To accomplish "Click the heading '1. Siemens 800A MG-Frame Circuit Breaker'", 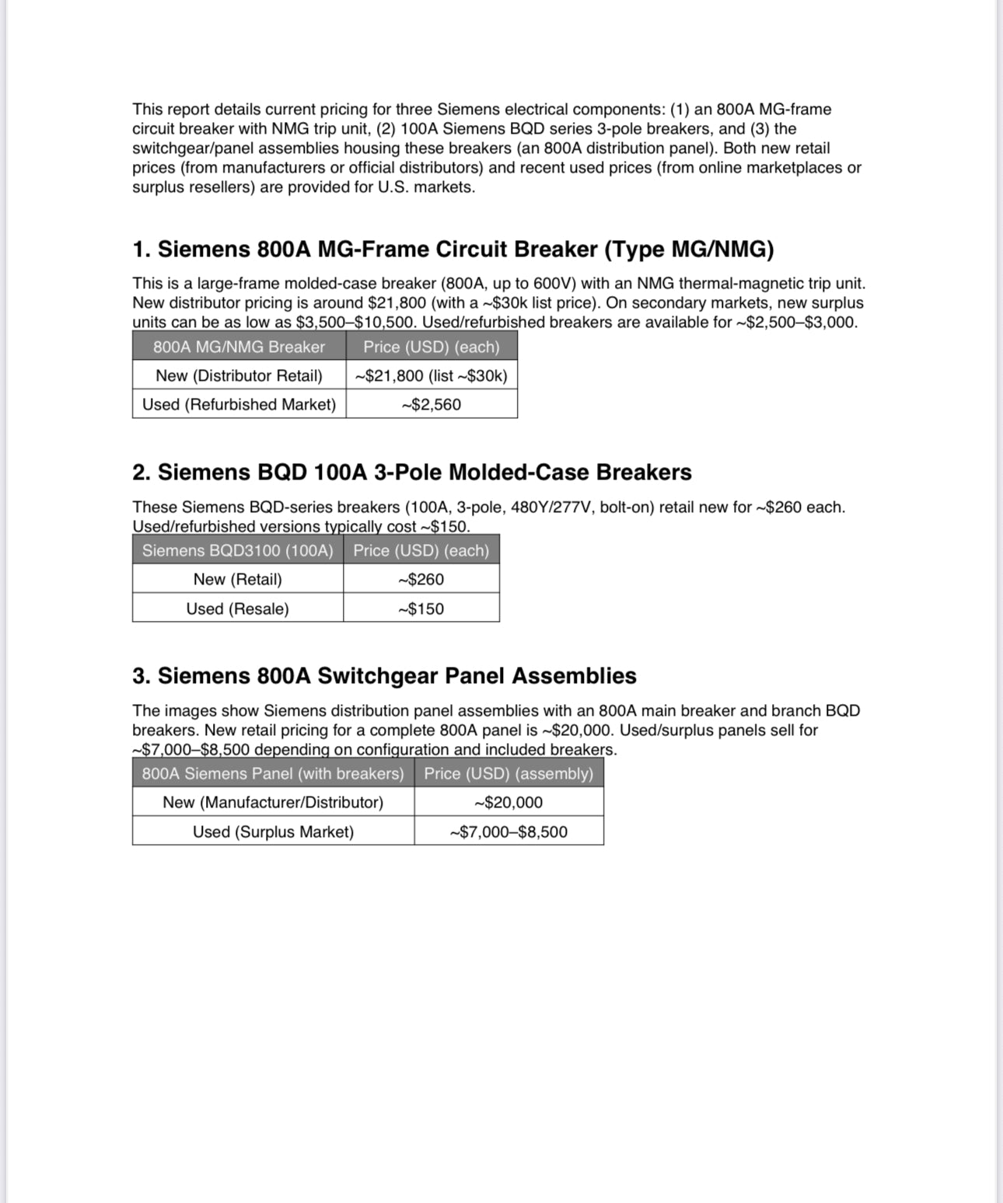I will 453,249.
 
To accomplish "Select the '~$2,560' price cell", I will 432,404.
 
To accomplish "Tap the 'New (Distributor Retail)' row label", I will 239,375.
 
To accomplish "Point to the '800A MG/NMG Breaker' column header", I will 239,347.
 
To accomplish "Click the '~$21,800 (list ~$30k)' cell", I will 432,375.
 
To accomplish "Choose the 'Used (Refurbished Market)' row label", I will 239,404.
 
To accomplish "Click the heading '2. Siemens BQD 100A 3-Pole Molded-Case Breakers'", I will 411,472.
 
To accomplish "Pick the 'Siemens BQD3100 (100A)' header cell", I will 237,550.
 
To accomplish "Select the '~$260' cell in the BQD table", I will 421,579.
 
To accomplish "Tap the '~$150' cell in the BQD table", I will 421,608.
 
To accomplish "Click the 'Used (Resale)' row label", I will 237,608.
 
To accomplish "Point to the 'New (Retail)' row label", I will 237,579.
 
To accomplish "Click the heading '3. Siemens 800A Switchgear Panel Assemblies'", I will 384,676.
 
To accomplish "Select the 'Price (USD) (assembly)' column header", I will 508,773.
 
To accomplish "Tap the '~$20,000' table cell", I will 508,802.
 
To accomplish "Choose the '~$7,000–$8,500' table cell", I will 508,832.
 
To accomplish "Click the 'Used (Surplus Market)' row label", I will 273,832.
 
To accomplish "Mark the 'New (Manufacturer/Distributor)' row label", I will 273,802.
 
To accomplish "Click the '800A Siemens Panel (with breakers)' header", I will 273,773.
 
